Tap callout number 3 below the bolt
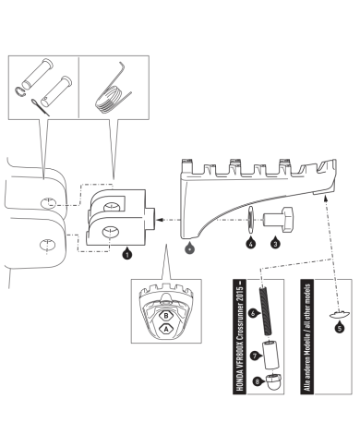[x=274, y=246]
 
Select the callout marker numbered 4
[x=249, y=246]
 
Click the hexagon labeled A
[x=167, y=328]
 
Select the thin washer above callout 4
[x=249, y=222]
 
